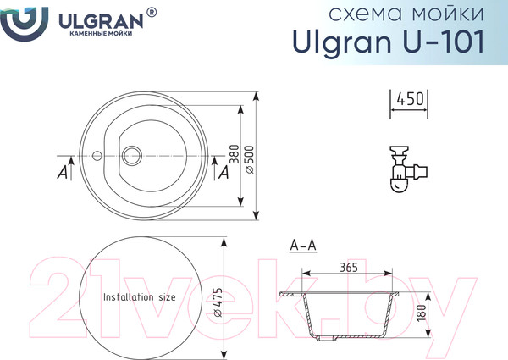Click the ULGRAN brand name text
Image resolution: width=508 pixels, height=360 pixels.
[101, 22]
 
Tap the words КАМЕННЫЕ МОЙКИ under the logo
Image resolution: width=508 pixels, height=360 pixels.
[101, 33]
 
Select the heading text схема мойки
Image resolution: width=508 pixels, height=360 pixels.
[406, 14]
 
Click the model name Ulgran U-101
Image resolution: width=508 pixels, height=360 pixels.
[389, 42]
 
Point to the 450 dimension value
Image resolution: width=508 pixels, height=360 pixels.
[410, 99]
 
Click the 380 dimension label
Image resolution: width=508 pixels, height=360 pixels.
[235, 154]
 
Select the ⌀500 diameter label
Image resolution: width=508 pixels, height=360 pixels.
[250, 160]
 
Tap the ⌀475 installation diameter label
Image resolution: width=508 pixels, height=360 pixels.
[218, 302]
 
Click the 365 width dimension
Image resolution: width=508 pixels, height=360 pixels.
[349, 268]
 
